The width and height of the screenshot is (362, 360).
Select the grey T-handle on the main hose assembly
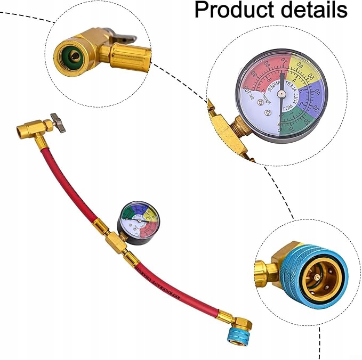pos(58,123)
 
